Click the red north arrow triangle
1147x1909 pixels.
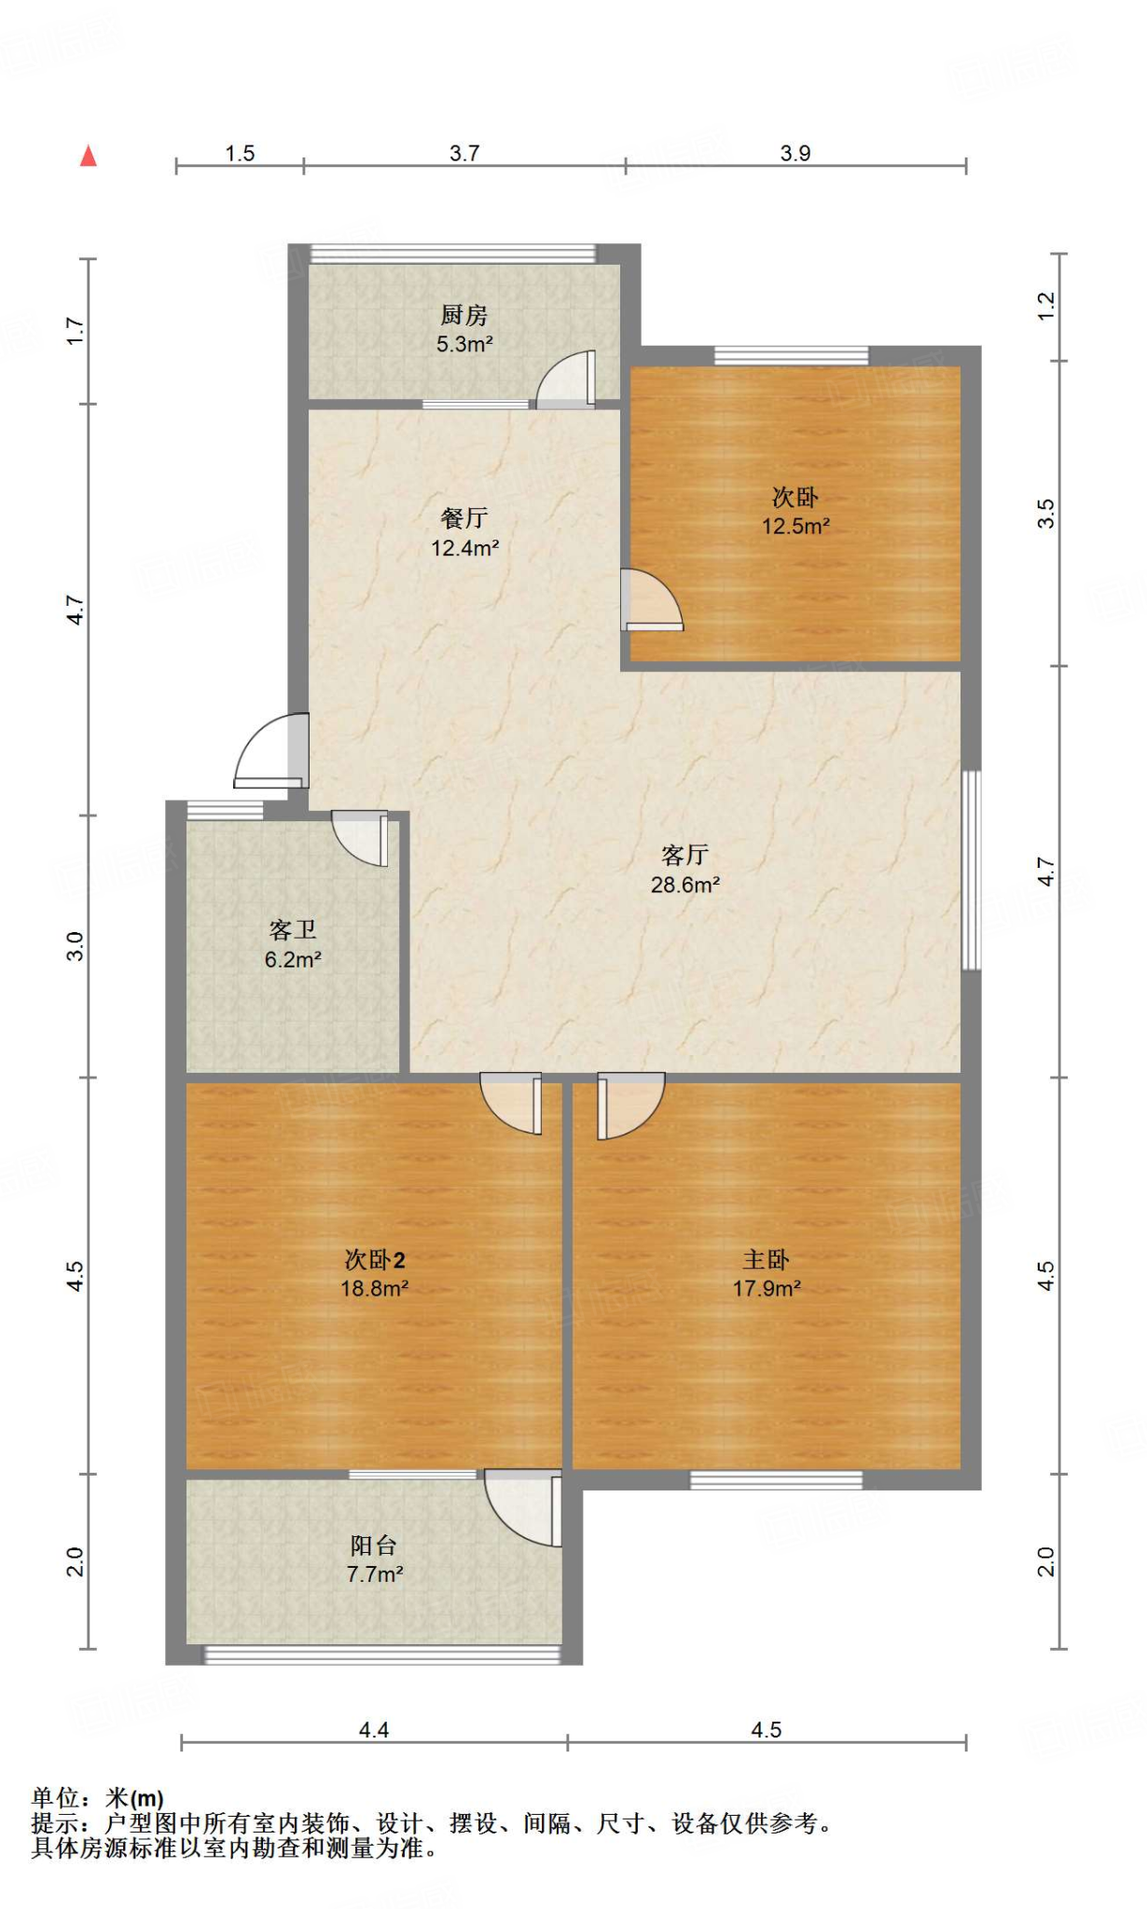pyautogui.click(x=89, y=156)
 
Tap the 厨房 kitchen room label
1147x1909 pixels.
pyautogui.click(x=464, y=315)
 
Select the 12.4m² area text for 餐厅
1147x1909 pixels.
pyautogui.click(x=464, y=548)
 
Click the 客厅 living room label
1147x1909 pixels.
pyautogui.click(x=684, y=855)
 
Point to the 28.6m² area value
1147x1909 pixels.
pyautogui.click(x=684, y=885)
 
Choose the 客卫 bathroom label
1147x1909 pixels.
pyautogui.click(x=293, y=929)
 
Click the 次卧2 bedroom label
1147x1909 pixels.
pyautogui.click(x=374, y=1259)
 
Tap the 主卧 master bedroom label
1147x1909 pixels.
pyautogui.click(x=766, y=1259)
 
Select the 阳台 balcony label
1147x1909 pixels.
pyautogui.click(x=374, y=1545)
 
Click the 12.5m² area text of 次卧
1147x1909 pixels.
pyautogui.click(x=795, y=526)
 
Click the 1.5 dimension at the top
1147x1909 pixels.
pyautogui.click(x=240, y=153)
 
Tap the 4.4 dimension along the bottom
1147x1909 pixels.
pyautogui.click(x=374, y=1730)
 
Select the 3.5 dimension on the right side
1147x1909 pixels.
pyautogui.click(x=1046, y=514)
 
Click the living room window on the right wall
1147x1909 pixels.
pyautogui.click(x=971, y=869)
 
